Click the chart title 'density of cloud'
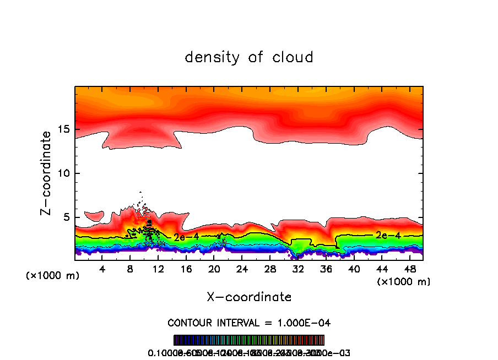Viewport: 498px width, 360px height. pos(249,57)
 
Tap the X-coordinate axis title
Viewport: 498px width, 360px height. pos(249,297)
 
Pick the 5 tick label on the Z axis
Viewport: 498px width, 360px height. pos(64,217)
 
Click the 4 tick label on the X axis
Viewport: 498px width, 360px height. pos(102,269)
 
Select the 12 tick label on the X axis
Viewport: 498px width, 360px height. pos(158,269)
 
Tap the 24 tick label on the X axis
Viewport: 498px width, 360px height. pos(242,269)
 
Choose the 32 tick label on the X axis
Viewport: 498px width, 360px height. pos(297,269)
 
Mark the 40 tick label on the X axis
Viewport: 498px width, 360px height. pos(354,269)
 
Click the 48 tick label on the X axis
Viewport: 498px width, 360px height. pos(409,269)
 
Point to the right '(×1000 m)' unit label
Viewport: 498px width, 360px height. pos(403,281)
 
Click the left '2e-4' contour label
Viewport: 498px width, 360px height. pos(186,238)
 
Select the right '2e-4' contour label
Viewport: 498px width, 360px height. pos(387,235)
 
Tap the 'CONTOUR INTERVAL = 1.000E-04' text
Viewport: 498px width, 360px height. pos(249,322)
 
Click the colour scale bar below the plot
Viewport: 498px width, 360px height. pos(249,340)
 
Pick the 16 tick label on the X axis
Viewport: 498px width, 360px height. pos(186,269)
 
